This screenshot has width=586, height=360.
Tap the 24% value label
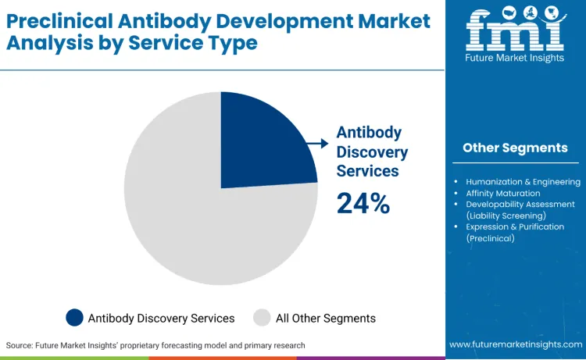pyautogui.click(x=363, y=203)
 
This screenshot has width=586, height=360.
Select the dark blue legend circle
pyautogui.click(x=75, y=318)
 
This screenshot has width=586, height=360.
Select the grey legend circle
pyautogui.click(x=263, y=318)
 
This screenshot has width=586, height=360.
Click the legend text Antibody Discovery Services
pyautogui.click(x=161, y=318)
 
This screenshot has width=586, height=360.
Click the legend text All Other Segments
pyautogui.click(x=326, y=318)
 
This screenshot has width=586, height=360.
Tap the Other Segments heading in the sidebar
pyautogui.click(x=515, y=148)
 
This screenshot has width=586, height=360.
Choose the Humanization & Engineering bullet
pyautogui.click(x=523, y=182)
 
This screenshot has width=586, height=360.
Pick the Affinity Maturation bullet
pyautogui.click(x=502, y=193)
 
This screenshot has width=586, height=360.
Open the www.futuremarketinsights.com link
pyautogui.click(x=515, y=344)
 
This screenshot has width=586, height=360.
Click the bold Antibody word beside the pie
pyautogui.click(x=369, y=133)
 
